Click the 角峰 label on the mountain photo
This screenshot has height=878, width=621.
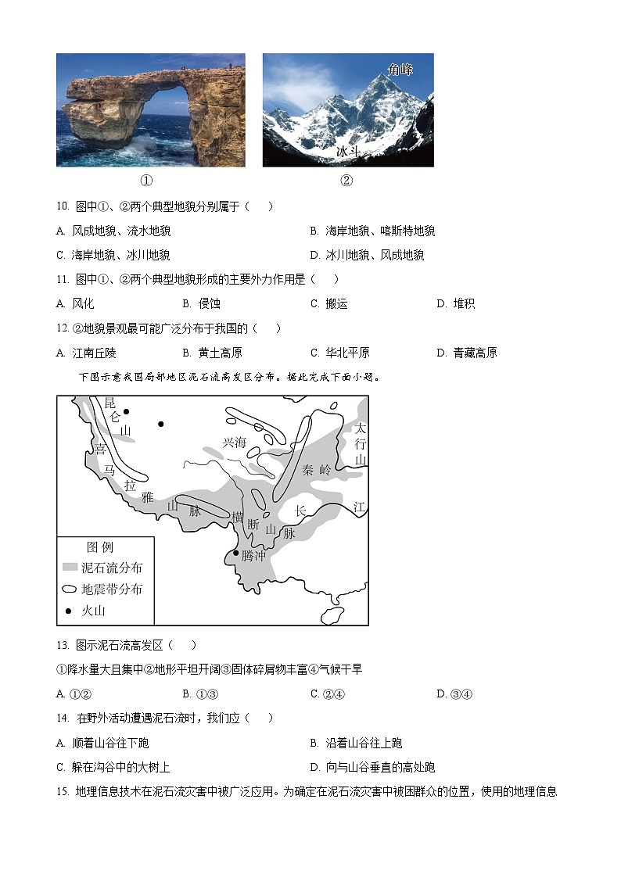[400, 70]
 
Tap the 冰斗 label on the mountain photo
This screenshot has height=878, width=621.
[348, 151]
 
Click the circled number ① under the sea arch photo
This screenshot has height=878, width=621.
[146, 181]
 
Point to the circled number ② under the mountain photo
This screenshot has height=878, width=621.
[346, 181]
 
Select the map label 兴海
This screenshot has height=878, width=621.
[234, 443]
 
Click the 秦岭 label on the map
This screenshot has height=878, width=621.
[317, 471]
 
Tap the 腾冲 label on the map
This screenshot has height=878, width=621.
[253, 555]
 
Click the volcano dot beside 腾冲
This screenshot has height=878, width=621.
[235, 554]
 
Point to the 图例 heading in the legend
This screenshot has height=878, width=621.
[100, 547]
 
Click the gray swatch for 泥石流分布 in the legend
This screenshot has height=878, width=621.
[70, 568]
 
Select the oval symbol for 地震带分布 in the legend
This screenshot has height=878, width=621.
[70, 589]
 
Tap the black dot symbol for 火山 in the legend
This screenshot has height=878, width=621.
[68, 611]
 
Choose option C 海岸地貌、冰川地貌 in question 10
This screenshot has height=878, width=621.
[113, 256]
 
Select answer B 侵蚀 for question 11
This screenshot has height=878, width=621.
[202, 303]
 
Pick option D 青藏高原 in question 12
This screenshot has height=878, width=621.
[467, 353]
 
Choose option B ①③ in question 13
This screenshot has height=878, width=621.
[200, 694]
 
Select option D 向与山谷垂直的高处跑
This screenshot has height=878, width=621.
[372, 767]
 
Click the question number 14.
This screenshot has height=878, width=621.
[63, 719]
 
